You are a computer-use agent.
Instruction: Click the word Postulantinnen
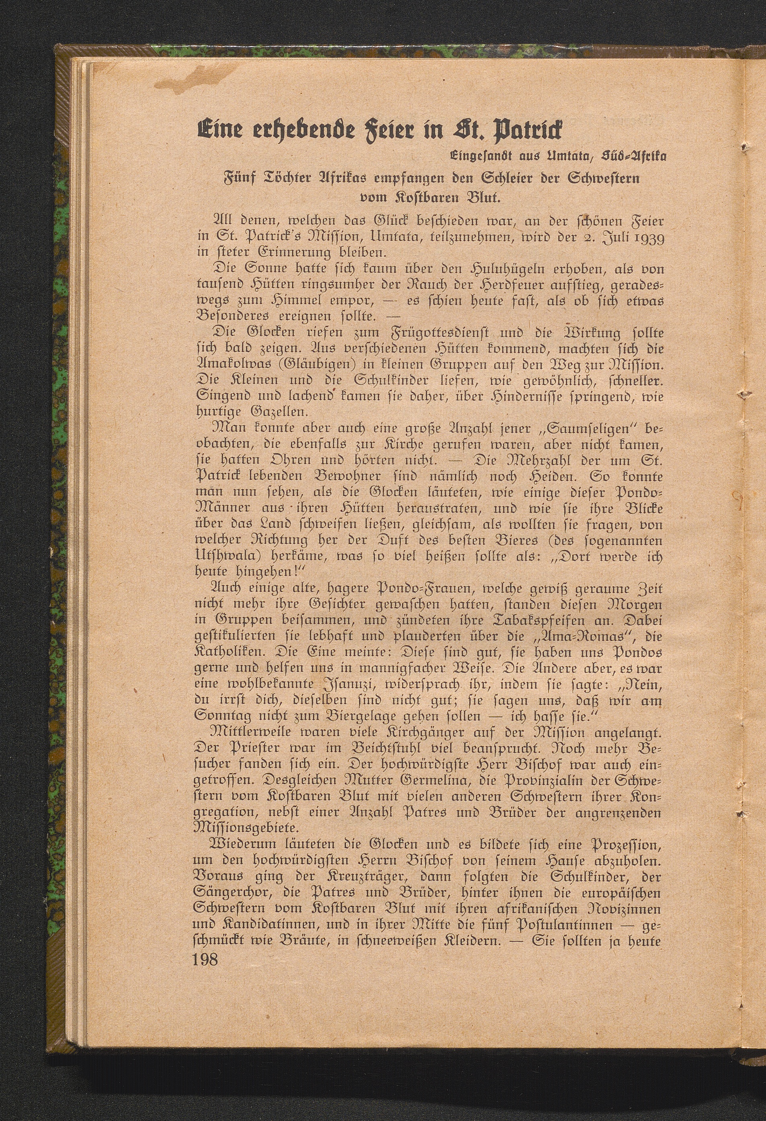click(561, 925)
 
